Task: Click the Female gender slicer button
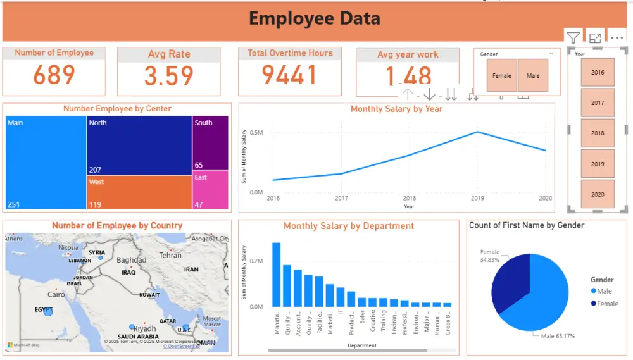(501, 76)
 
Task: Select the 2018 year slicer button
(598, 133)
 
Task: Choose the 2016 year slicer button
(598, 73)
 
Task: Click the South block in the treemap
(211, 143)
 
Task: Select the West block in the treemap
(139, 192)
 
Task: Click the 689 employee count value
(54, 75)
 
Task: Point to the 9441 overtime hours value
(289, 75)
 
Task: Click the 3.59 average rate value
(168, 76)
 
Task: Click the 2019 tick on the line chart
(477, 198)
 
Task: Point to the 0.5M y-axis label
(256, 133)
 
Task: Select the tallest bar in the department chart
(277, 274)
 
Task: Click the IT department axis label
(341, 312)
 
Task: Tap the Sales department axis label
(362, 316)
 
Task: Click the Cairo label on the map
(56, 295)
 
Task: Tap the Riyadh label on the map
(144, 329)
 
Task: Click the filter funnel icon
(573, 37)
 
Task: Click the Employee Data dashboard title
(315, 18)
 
